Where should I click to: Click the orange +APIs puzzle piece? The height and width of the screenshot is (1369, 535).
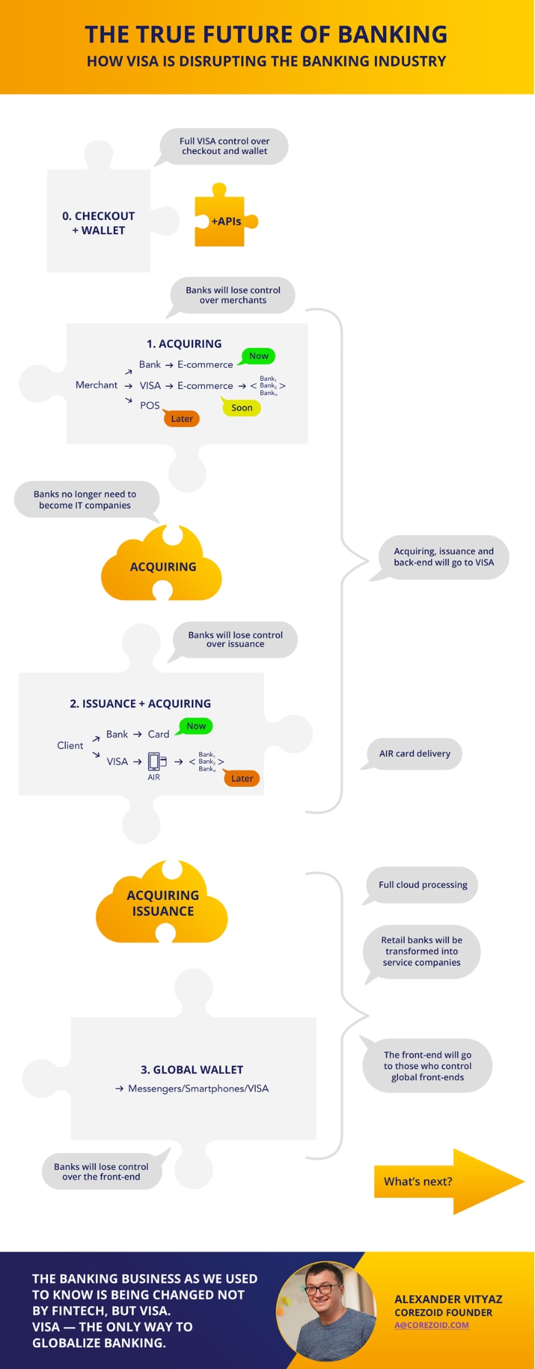(221, 221)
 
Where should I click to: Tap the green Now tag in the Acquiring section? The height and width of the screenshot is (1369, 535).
(258, 356)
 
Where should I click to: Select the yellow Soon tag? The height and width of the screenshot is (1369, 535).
(242, 407)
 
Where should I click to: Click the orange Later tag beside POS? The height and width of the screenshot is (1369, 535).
(182, 418)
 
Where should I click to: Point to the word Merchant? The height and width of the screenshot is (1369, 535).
(97, 385)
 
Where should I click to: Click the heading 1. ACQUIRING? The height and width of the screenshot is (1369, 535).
(184, 344)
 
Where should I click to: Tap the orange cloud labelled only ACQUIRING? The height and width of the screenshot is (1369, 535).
(162, 566)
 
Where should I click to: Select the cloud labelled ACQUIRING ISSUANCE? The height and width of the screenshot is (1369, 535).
(162, 903)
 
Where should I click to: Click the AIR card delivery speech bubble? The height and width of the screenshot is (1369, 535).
(414, 753)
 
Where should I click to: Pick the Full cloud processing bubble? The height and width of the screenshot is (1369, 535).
(423, 884)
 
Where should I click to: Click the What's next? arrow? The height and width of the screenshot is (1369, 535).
(445, 1181)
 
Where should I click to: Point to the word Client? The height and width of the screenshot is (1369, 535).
(70, 745)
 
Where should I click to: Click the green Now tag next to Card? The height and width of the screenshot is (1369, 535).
(196, 726)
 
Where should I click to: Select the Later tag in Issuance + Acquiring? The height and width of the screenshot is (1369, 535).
(242, 778)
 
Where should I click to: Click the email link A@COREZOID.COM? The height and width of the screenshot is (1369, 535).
(432, 1324)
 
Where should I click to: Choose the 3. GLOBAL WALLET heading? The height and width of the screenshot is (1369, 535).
(192, 1070)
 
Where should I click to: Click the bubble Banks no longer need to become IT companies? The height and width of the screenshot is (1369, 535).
(85, 500)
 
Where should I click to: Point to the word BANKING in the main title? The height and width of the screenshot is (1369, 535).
(393, 34)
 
